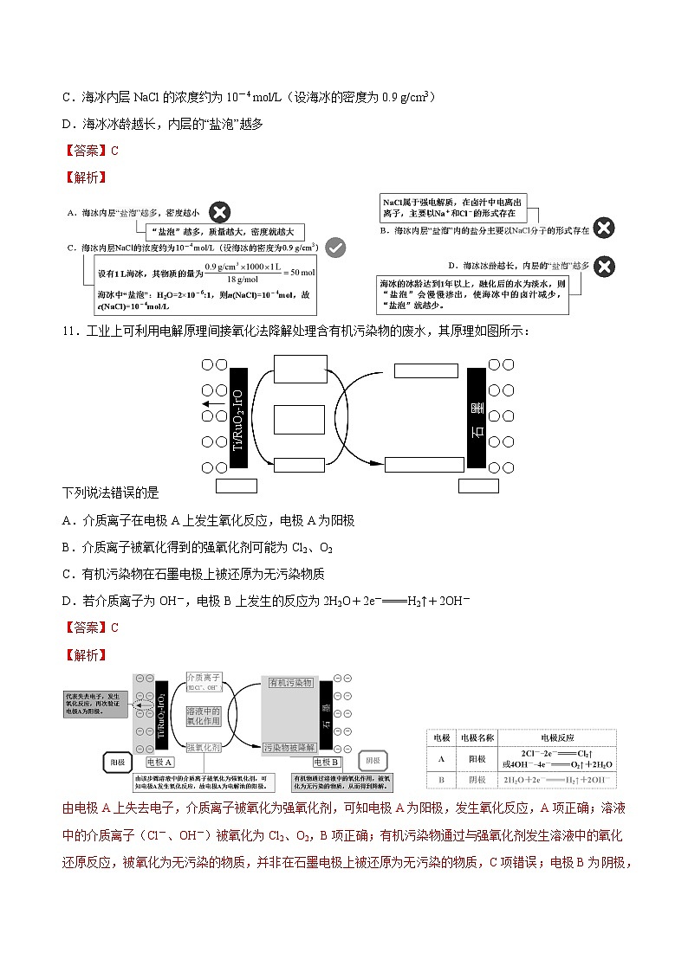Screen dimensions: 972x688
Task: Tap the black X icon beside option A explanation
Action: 221,211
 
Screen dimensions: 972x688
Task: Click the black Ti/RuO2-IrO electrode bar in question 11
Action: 238,420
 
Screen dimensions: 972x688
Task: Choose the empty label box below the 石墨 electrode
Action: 479,485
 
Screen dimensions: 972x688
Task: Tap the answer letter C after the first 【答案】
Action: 114,150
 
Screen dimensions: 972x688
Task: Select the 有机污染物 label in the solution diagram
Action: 290,683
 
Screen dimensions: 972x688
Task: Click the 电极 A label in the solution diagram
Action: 160,762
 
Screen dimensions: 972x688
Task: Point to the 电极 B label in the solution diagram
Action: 327,762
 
